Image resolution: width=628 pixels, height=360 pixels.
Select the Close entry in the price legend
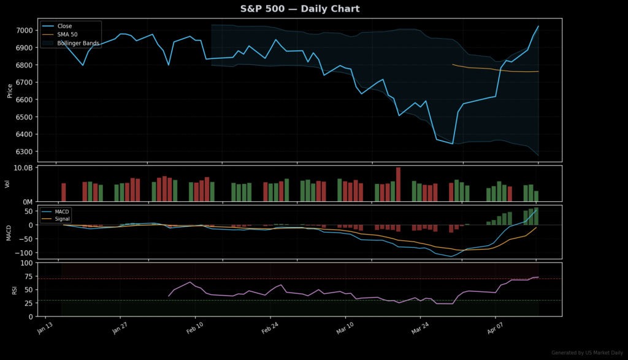[64, 26]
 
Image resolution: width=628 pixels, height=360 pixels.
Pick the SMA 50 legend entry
[67, 35]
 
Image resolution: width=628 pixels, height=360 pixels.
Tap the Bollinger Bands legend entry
[78, 44]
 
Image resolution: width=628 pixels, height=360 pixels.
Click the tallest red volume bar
[398, 184]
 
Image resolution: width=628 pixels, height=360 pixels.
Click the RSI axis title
[15, 289]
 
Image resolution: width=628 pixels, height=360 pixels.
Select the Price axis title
[9, 91]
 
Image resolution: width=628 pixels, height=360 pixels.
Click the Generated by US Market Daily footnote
[587, 353]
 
